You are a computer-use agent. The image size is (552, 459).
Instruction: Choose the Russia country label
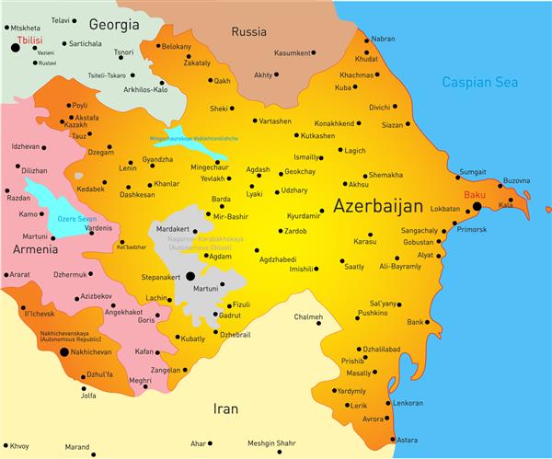tap(248, 31)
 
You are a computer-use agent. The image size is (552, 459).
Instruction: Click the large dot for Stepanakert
tap(190, 275)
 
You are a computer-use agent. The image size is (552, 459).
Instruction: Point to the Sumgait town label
tap(473, 172)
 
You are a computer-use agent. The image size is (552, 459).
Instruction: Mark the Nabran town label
tap(382, 40)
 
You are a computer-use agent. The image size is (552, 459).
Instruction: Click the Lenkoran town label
tap(408, 403)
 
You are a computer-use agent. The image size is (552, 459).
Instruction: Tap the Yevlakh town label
tap(214, 178)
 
